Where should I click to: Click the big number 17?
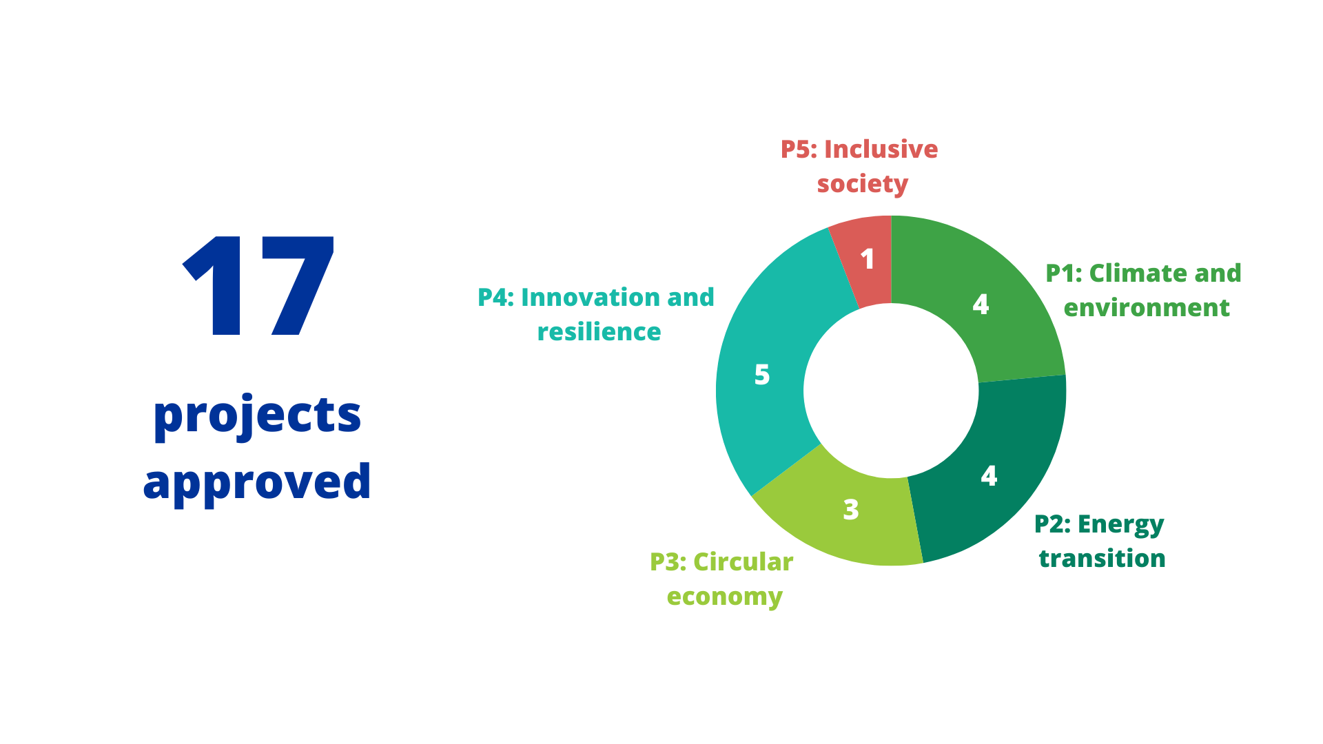pos(258,286)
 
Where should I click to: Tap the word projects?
pos(257,416)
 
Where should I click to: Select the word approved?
pos(257,482)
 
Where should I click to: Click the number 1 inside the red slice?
pos(868,259)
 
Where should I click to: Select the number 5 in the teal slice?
pos(762,375)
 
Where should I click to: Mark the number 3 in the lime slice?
pos(851,510)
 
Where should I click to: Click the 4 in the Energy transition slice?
pos(989,476)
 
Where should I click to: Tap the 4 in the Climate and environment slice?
pos(981,304)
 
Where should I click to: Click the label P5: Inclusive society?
pos(860,167)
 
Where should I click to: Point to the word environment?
pos(1147,308)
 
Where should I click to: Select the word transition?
pos(1102,559)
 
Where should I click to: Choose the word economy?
pos(725,597)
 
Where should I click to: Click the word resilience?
pos(599,332)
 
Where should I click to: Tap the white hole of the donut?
pos(891,391)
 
